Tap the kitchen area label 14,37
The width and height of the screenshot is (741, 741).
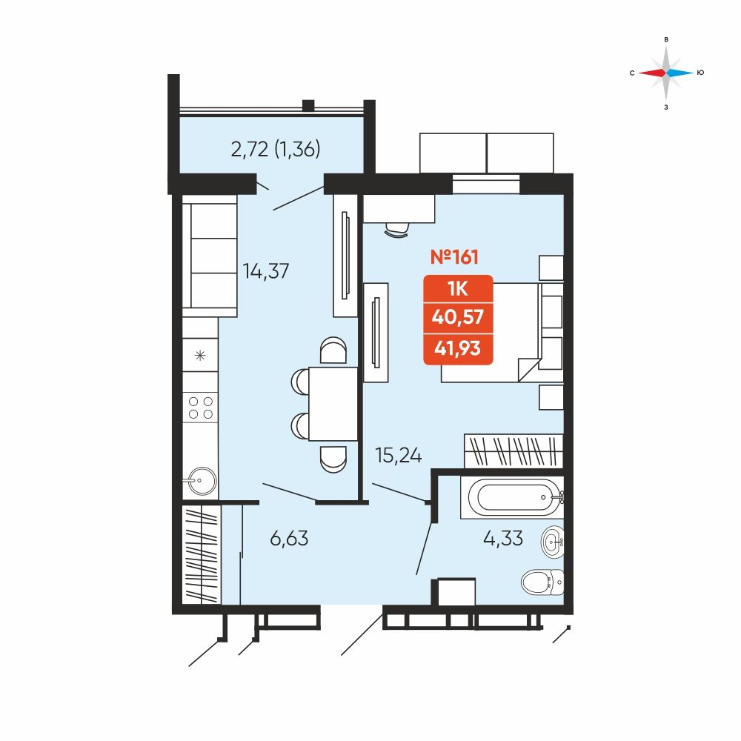265,271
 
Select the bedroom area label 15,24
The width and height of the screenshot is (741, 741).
399,455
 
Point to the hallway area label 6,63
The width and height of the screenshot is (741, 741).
289,538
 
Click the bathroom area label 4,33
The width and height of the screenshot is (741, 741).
503,538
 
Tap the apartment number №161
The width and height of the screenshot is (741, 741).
454,257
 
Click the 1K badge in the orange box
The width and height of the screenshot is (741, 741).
457,288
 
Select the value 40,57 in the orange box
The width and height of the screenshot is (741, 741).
457,316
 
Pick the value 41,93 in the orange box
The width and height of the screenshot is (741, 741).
457,348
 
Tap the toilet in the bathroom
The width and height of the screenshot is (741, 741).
542,582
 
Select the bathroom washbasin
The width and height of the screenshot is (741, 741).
552,542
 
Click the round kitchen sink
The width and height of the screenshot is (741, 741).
200,481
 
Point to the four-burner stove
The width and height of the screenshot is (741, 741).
200,408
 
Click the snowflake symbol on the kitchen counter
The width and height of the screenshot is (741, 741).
200,356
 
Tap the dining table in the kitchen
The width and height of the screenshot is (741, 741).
333,404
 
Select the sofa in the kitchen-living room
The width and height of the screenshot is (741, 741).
210,256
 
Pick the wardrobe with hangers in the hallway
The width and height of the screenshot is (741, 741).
202,554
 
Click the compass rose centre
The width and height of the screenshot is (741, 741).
666,73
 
